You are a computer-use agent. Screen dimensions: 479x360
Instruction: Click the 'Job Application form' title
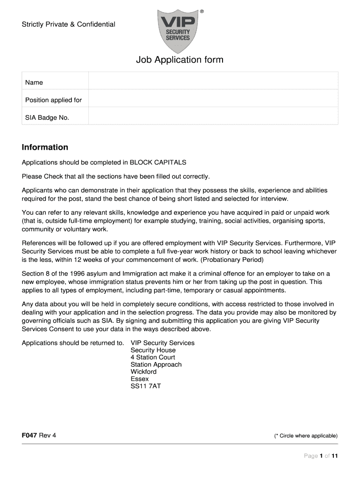[180, 60]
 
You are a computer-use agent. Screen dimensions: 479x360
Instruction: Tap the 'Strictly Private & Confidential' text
[68, 24]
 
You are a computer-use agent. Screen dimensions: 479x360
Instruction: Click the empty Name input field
[213, 81]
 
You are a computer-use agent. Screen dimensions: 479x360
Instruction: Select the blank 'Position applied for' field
[213, 99]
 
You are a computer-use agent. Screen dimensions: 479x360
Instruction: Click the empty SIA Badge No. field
[213, 117]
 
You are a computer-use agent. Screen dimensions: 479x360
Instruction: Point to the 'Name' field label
[34, 82]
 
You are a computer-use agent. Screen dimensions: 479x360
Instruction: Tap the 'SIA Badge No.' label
[47, 117]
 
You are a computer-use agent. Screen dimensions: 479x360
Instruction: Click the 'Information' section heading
[45, 147]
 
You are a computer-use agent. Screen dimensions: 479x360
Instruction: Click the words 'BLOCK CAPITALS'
[158, 162]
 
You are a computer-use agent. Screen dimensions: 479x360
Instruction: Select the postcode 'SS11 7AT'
[145, 386]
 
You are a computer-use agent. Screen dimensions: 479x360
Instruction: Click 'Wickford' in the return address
[144, 371]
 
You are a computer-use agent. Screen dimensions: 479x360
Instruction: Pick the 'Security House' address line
[153, 350]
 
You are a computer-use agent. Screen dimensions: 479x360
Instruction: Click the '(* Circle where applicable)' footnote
[306, 436]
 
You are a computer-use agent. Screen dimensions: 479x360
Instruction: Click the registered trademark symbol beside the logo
[202, 10]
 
